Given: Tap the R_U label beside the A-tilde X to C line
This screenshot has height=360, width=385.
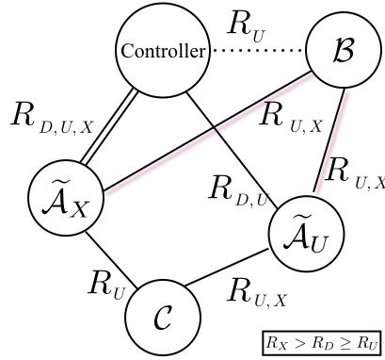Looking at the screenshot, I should (105, 281).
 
